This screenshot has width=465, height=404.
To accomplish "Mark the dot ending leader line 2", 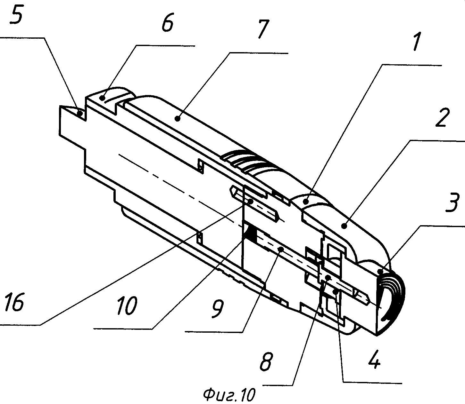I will coord(344,226).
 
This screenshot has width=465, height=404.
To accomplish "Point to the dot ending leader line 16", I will coord(251,202).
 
